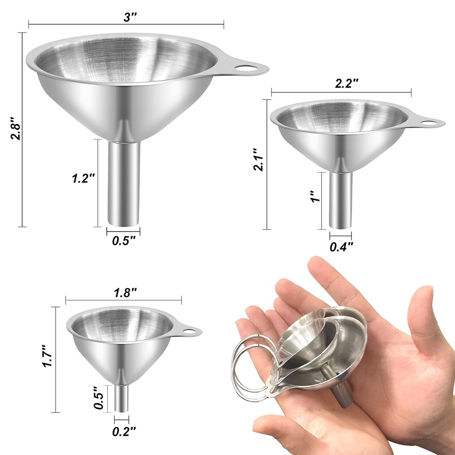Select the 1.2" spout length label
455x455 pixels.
(84, 179)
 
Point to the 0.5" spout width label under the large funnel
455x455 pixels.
(124, 241)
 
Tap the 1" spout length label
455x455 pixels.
(314, 196)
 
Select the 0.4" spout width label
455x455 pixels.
(341, 247)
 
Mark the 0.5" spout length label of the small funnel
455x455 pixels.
(100, 398)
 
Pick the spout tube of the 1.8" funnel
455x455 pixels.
(121, 397)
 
